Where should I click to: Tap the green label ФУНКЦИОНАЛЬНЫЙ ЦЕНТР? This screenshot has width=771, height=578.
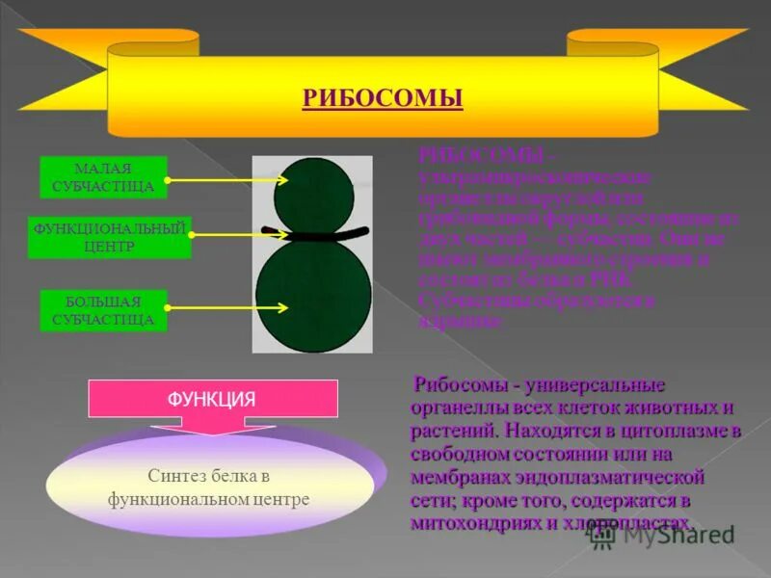(x=110, y=238)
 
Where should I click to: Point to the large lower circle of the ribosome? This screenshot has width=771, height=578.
(x=313, y=294)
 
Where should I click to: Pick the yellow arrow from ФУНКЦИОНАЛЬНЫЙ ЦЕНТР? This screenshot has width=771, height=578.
(x=239, y=232)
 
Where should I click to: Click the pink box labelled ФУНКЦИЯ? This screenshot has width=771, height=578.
(x=213, y=398)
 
